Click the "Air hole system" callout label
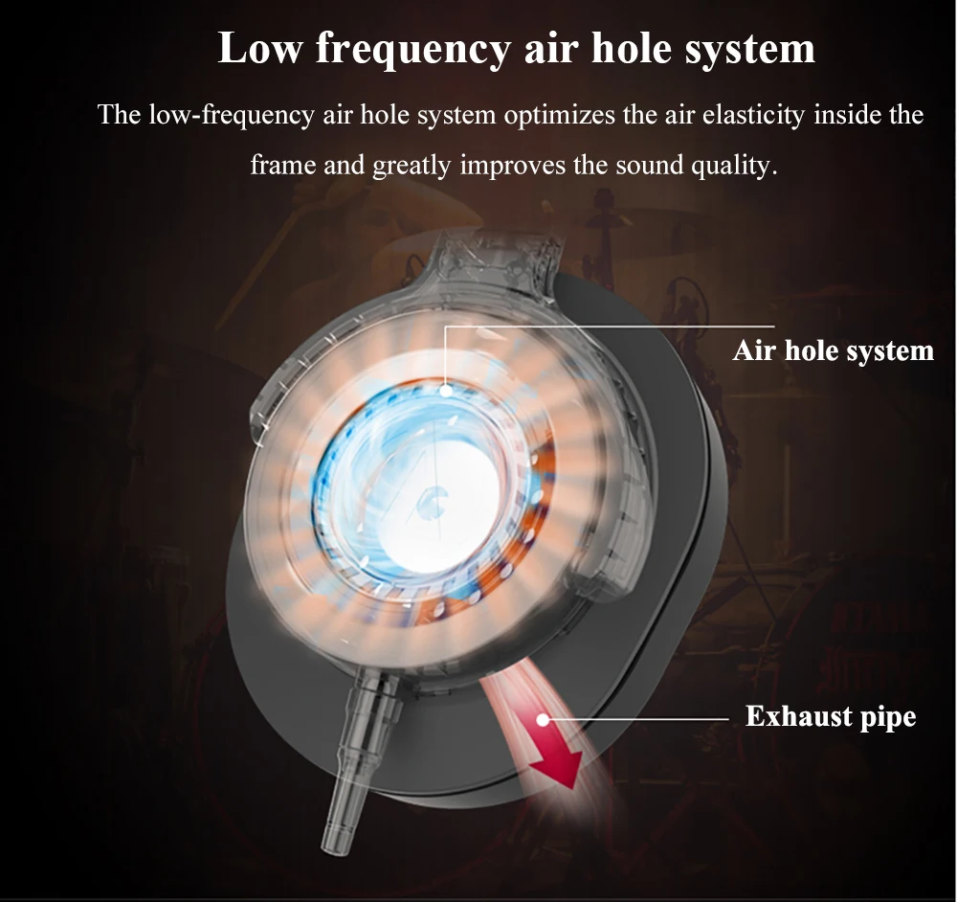(833, 350)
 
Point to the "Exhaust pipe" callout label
(830, 716)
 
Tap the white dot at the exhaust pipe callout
(544, 719)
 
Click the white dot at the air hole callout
(446, 389)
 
